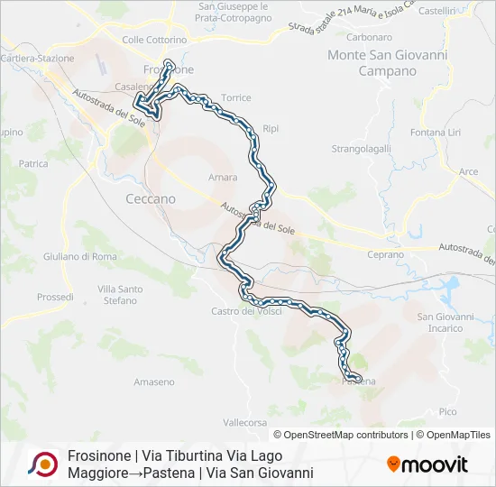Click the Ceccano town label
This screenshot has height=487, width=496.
point(151,198)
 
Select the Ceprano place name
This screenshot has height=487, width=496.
point(386,255)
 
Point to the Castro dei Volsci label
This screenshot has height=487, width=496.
point(246,311)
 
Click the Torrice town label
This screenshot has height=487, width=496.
point(236,97)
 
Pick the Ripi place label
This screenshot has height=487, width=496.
point(271,128)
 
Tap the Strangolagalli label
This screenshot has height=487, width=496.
point(361,148)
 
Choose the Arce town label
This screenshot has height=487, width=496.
point(469,171)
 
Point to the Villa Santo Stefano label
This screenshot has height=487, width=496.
point(120,295)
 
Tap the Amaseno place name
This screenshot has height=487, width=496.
point(154,382)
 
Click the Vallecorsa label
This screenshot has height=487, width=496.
point(246,421)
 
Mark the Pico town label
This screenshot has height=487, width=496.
point(448,411)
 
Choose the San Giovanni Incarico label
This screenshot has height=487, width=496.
point(445,322)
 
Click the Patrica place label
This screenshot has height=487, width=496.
point(32,164)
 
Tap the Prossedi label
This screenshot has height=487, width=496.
point(55,297)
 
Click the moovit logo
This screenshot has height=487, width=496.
point(427,464)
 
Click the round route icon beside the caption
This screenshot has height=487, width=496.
point(42,464)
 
